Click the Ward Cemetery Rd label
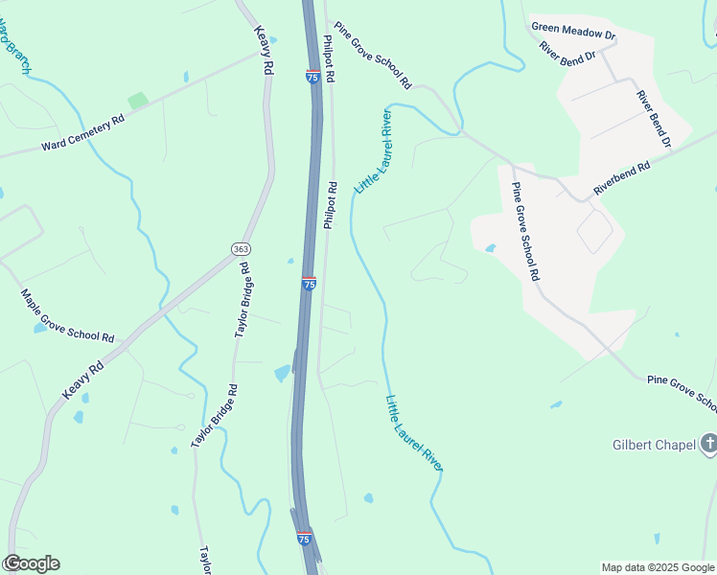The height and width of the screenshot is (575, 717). click(83, 134)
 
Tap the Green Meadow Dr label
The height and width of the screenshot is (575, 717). click(573, 29)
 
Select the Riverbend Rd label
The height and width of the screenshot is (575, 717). click(621, 178)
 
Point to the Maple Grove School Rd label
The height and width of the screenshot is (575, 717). click(68, 316)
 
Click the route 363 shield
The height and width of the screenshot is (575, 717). click(241, 248)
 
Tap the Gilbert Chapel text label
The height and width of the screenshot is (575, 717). click(654, 445)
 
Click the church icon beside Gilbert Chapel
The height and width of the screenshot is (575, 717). click(709, 443)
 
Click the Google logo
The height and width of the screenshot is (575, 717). click(31, 563)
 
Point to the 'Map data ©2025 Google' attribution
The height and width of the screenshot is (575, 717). click(658, 567)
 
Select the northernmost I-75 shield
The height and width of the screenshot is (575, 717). click(313, 77)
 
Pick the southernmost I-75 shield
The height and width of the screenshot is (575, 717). click(304, 540)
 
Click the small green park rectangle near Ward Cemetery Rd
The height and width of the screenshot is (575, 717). click(138, 100)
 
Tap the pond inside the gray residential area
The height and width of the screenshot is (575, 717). click(491, 247)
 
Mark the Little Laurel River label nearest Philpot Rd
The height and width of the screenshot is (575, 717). click(374, 151)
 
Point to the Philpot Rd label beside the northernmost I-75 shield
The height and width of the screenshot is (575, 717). click(329, 59)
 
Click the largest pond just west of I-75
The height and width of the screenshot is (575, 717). click(282, 373)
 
